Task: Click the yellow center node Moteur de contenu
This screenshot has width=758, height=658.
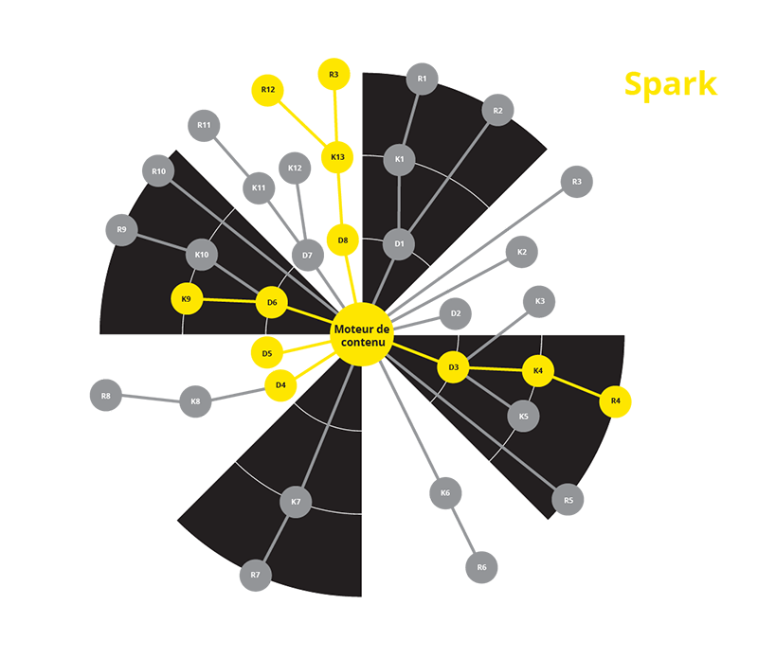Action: pyautogui.click(x=362, y=334)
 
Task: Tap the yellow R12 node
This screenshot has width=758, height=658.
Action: pyautogui.click(x=267, y=90)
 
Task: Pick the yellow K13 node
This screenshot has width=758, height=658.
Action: pyautogui.click(x=337, y=157)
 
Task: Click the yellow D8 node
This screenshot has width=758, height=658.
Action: pyautogui.click(x=343, y=240)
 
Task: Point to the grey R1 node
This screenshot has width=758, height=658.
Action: pyautogui.click(x=422, y=79)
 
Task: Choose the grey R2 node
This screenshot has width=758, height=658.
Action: pyautogui.click(x=497, y=110)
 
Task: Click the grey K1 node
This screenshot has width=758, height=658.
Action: pyautogui.click(x=399, y=159)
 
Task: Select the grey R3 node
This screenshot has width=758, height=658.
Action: pyautogui.click(x=577, y=182)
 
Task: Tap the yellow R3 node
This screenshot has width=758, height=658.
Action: pyautogui.click(x=334, y=75)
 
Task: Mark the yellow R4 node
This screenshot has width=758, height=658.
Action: pyautogui.click(x=615, y=401)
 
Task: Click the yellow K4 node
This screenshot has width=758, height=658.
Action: pyautogui.click(x=537, y=371)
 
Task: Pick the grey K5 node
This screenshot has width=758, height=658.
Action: pyautogui.click(x=524, y=416)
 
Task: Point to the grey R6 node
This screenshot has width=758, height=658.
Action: pyautogui.click(x=481, y=567)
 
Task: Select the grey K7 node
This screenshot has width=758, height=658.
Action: pyautogui.click(x=296, y=502)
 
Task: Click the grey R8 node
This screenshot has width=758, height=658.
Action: pyautogui.click(x=106, y=396)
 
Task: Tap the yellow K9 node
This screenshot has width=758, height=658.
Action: pyautogui.click(x=186, y=299)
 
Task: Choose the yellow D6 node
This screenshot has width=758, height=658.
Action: pyautogui.click(x=272, y=302)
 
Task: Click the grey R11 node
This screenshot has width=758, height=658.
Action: pyautogui.click(x=204, y=126)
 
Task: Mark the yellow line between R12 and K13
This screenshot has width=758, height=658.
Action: pyautogui.click(x=302, y=124)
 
